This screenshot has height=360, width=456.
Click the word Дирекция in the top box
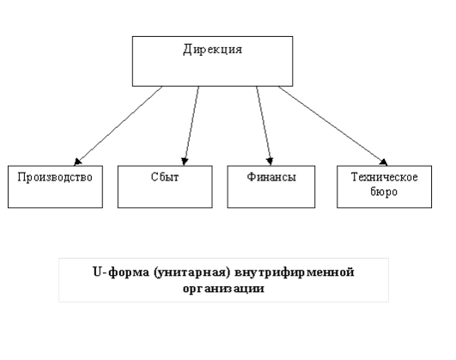click(213, 50)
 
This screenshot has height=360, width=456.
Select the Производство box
click(55, 186)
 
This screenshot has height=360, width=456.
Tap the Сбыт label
click(165, 177)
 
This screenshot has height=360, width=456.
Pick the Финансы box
click(271, 186)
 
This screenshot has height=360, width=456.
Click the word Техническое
click(385, 177)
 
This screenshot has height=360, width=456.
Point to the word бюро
click(384, 192)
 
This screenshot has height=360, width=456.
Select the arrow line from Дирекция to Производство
click(119, 125)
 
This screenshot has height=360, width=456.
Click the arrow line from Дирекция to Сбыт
click(192, 125)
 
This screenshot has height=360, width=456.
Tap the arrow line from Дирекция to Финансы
click(264, 125)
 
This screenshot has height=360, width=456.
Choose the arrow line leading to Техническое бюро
click(332, 125)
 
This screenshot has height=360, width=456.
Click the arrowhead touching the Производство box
click(77, 162)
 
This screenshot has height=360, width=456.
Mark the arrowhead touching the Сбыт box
click(185, 162)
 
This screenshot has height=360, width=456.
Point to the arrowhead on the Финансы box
click(270, 162)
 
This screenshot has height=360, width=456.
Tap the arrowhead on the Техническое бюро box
click(384, 162)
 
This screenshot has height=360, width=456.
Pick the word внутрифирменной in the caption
click(295, 273)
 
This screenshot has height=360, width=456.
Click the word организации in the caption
click(223, 289)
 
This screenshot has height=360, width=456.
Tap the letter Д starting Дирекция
click(188, 50)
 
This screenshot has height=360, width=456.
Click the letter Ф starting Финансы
click(252, 177)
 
